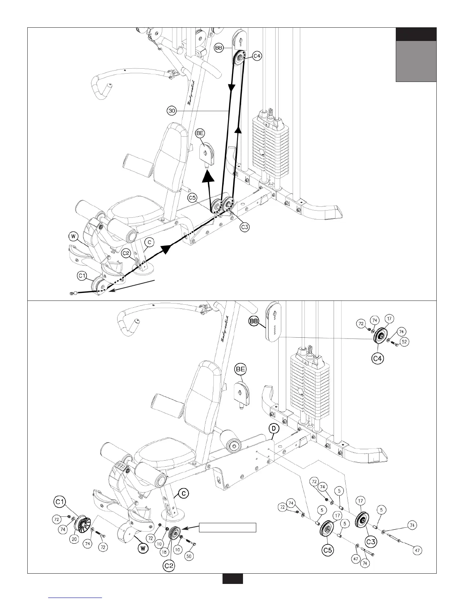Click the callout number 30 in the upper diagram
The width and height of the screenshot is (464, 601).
[172, 111]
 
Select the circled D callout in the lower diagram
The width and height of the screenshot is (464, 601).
[274, 429]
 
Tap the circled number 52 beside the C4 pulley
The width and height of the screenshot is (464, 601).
[404, 342]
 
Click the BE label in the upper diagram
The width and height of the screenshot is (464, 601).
[200, 133]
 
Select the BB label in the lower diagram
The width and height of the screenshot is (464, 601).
[254, 321]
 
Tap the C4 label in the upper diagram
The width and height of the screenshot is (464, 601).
[257, 56]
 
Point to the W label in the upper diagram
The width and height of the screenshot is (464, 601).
[74, 237]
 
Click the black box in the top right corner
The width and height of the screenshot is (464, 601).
[416, 34]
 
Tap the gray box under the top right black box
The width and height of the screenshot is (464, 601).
[416, 61]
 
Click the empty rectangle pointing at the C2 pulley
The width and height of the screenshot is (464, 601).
[228, 527]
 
